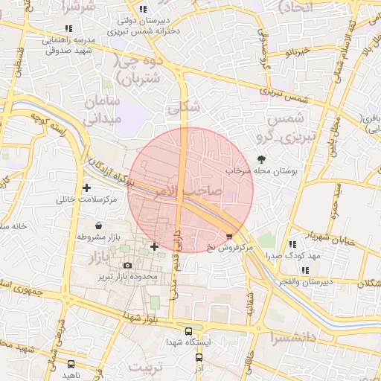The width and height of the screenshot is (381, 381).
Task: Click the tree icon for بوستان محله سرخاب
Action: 261,159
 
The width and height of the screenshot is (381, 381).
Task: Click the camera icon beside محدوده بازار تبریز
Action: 127,265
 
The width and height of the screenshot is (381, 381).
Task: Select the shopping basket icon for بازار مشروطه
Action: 99,225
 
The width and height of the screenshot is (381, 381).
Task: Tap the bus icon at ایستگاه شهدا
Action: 188,331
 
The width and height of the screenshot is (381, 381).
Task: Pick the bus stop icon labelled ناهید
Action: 71,364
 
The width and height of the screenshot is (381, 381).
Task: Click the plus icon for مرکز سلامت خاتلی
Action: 87,188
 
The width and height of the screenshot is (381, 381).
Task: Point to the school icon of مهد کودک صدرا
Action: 293,243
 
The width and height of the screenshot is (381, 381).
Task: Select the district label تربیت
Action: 146,367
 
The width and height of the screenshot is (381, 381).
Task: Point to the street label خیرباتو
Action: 297,54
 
